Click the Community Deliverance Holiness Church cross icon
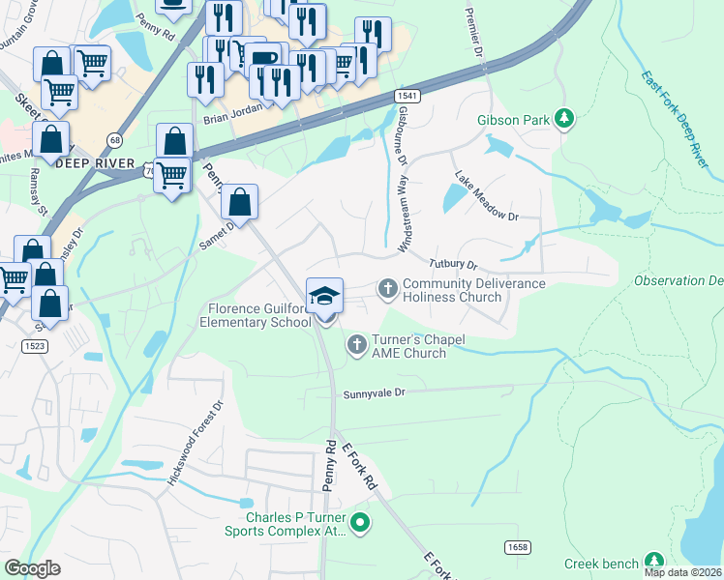point(387,288)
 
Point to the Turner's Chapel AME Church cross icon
point(356,344)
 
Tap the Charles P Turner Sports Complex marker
point(360,525)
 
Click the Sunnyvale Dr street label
point(373,393)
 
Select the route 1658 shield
point(517,547)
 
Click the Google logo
point(33,567)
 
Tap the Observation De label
point(678,280)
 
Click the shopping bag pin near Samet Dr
point(240,202)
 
